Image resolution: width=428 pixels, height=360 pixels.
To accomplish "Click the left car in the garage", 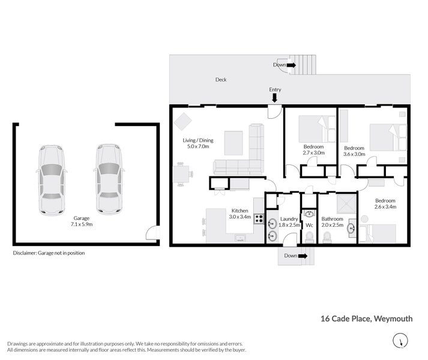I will click(51, 180).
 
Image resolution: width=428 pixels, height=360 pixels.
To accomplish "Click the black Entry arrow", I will click(275, 97).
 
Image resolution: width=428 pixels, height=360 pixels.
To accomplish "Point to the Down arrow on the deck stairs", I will click(292, 65).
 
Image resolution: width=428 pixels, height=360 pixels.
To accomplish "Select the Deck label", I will click(221, 79).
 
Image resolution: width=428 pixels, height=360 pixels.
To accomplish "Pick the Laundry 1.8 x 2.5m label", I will click(289, 223).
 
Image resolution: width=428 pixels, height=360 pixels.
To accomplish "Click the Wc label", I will click(309, 226).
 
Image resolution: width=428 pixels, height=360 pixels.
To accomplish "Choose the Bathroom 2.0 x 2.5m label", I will click(332, 223).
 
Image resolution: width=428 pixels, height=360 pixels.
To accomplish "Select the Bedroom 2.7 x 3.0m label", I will click(313, 150).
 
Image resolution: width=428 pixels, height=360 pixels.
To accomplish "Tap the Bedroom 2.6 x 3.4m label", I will click(385, 204).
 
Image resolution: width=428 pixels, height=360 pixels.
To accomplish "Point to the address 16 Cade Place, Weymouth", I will click(366, 319).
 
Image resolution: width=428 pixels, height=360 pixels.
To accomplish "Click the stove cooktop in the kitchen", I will click(259, 218).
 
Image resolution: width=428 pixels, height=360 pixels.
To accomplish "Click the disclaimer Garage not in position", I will click(49, 253).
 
